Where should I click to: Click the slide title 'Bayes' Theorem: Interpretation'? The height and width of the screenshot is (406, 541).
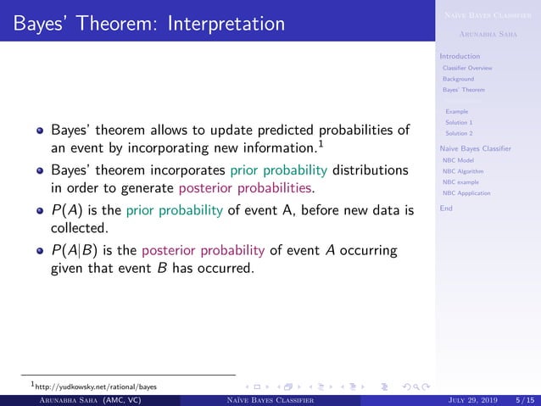click(x=148, y=21)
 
